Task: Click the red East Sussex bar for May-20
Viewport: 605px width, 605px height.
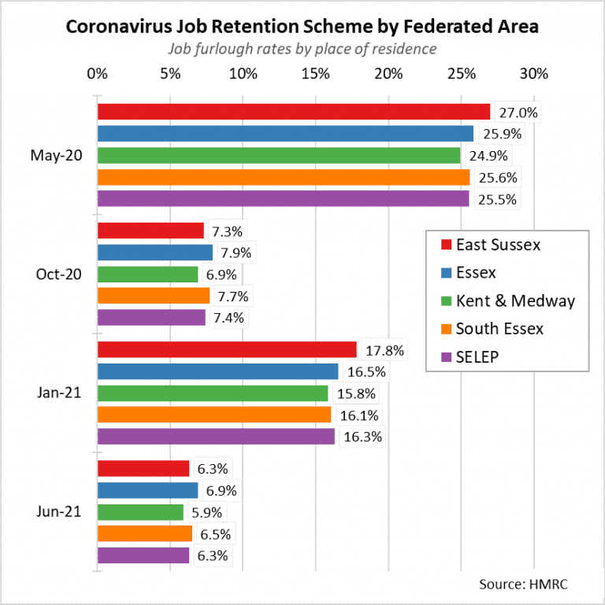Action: (x=293, y=112)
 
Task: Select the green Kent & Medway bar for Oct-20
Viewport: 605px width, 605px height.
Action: (x=147, y=275)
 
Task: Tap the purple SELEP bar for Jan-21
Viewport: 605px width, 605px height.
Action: (x=216, y=436)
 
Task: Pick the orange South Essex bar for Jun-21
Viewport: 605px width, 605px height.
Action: (x=145, y=533)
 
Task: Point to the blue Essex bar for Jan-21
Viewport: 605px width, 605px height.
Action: (x=217, y=371)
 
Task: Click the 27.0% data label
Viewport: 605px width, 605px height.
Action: (x=518, y=113)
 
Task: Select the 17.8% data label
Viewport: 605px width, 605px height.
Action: (x=384, y=349)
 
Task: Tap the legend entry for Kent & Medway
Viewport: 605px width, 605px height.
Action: (x=516, y=301)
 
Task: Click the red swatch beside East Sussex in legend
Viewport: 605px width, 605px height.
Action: (x=445, y=245)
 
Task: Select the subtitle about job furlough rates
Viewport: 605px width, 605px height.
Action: (x=302, y=49)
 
